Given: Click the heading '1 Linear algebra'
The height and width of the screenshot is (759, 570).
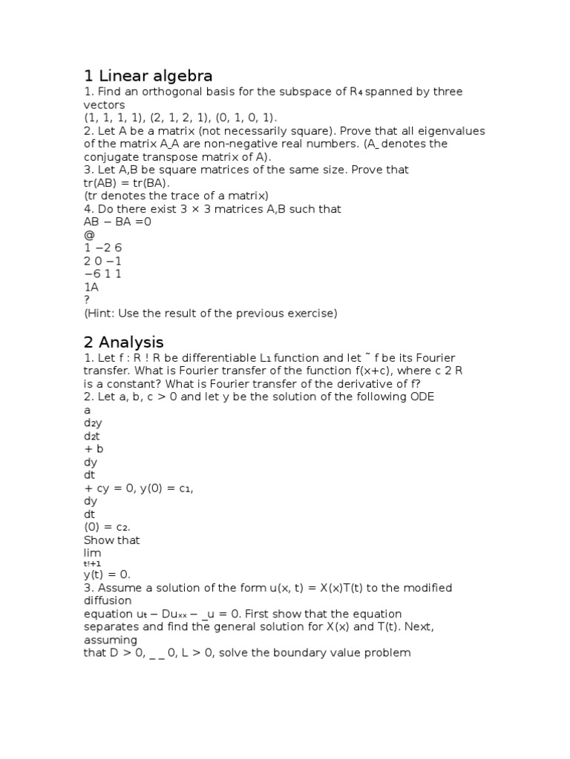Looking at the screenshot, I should click(x=148, y=76).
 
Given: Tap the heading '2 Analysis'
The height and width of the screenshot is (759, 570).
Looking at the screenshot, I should click(x=123, y=342).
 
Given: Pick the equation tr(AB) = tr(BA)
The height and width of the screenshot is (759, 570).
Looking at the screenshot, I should click(x=127, y=182).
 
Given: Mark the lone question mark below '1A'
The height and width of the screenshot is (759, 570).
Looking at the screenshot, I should click(x=87, y=299).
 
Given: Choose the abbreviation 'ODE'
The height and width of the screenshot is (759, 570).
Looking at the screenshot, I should click(x=422, y=397).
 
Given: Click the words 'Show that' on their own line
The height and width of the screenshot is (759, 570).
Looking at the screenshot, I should click(x=111, y=540).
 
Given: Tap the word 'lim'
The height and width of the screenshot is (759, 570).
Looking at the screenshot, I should click(x=93, y=553).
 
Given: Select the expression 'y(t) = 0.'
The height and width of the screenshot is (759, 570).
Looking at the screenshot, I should click(x=107, y=574).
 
